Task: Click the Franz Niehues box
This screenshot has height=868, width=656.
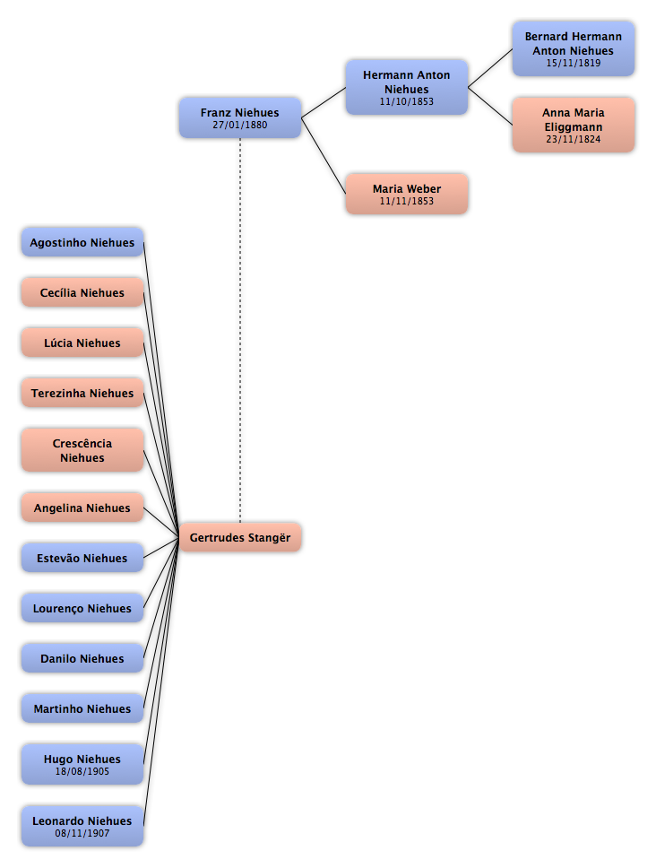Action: pos(240,117)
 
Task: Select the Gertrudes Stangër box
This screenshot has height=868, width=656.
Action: pos(240,537)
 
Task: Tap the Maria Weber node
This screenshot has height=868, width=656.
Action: pos(407,194)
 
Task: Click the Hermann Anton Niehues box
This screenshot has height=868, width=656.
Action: pos(407,88)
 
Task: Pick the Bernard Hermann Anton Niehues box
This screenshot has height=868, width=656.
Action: pos(573,48)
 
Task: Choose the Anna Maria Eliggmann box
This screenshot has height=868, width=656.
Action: pos(573,126)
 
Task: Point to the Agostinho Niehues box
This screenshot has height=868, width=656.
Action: pos(82,242)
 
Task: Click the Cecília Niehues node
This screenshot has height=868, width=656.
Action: pos(82,292)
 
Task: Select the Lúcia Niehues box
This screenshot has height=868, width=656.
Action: pos(82,343)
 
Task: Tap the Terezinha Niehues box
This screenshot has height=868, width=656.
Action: pos(82,393)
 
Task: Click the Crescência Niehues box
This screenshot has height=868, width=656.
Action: pos(82,450)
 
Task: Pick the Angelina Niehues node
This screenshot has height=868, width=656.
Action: pos(82,508)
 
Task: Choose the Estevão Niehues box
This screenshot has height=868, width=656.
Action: pos(82,558)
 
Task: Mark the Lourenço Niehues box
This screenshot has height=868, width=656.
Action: pos(82,608)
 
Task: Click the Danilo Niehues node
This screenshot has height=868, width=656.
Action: pos(82,658)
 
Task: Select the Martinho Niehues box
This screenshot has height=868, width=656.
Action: pos(82,708)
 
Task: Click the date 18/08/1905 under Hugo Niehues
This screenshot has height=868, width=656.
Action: pos(82,772)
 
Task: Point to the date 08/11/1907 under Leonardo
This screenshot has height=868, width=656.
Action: pos(82,833)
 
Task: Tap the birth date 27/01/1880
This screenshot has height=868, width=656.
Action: pos(240,126)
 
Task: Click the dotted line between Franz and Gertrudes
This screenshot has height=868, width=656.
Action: pos(240,330)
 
